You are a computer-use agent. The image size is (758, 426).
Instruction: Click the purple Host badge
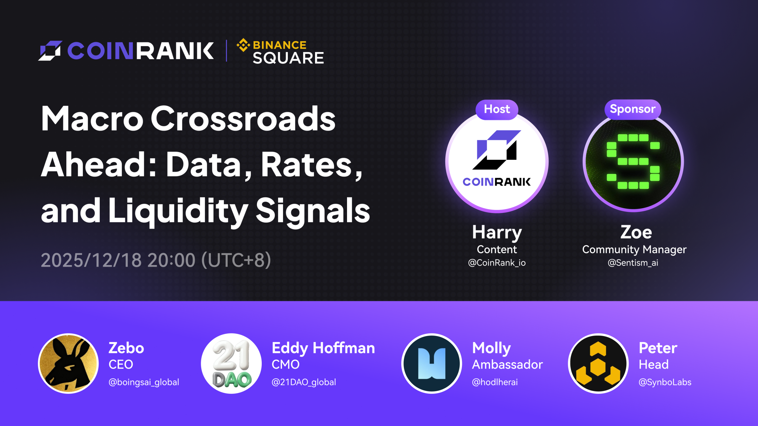tap(497, 109)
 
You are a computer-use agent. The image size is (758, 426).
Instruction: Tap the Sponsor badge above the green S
tap(633, 109)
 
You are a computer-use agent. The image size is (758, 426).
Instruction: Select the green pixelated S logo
tap(633, 162)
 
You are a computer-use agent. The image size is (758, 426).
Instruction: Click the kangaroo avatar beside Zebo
tap(68, 364)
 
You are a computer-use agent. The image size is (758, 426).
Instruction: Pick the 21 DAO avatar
tap(231, 364)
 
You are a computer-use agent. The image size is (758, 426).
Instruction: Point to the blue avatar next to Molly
tap(432, 364)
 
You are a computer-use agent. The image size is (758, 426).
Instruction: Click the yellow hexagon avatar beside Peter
tap(598, 364)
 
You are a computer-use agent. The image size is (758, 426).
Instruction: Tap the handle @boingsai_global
tap(144, 382)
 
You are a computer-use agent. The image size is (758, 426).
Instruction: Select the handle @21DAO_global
tap(304, 382)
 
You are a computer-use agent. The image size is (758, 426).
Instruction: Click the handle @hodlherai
tap(495, 382)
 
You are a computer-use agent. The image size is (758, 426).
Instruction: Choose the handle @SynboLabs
tap(665, 382)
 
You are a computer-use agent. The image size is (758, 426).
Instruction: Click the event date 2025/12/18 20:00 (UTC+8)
tap(156, 260)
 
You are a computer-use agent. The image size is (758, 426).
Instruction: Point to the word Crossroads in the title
tap(243, 118)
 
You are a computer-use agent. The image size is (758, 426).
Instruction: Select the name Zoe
tap(636, 232)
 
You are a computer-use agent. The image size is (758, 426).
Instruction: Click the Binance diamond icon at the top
tap(243, 45)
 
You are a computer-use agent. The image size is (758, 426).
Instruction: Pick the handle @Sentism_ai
tap(633, 263)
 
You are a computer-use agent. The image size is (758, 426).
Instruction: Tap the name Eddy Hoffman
tap(323, 348)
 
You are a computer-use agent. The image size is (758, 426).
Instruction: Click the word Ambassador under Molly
tap(508, 364)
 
